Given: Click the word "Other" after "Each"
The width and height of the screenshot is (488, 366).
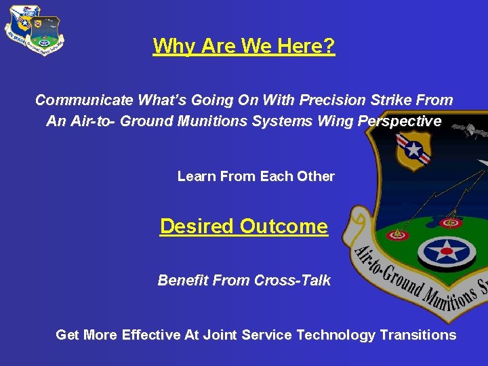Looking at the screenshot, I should [x=316, y=176].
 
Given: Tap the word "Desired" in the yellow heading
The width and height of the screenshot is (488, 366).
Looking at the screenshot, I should [x=197, y=226].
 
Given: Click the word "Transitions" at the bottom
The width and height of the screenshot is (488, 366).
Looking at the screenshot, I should [x=418, y=335].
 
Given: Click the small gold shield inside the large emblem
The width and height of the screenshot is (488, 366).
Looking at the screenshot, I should [x=412, y=150].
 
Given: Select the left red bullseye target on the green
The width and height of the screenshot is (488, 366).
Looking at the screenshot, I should [x=398, y=235].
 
